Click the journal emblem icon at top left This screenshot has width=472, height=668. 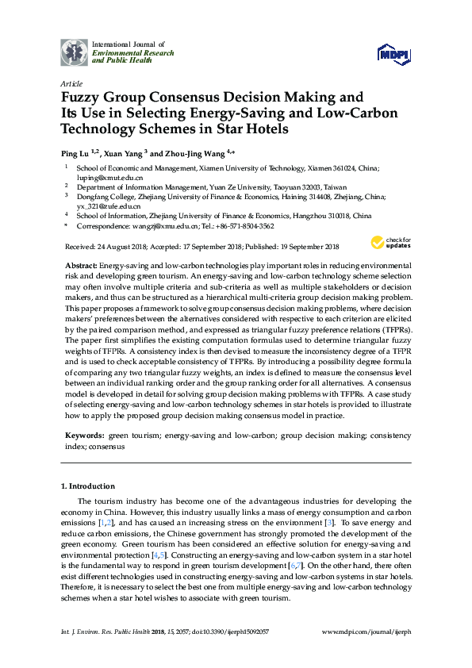tap(75, 52)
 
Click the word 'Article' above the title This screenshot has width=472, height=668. tap(70, 83)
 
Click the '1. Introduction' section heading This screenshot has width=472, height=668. tap(88, 486)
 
